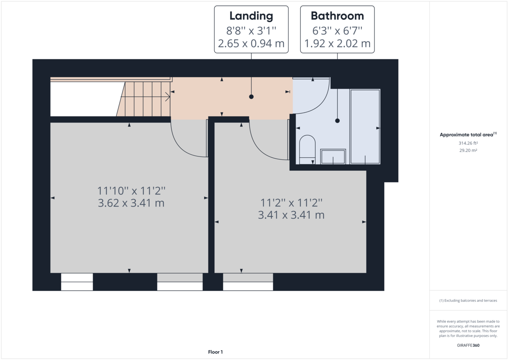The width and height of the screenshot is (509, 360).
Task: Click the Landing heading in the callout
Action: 251,16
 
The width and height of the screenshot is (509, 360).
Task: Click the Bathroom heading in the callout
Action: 337,16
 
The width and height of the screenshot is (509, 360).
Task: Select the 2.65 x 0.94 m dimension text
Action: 251,43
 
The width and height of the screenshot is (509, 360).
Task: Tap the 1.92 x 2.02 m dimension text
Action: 337,43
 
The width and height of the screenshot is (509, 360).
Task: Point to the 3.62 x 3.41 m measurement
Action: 131,203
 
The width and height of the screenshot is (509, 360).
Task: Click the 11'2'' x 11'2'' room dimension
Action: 291,202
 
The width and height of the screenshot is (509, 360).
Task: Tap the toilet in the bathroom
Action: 307,148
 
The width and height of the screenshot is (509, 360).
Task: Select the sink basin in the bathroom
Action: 333,156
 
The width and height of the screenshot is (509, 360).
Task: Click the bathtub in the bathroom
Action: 365,126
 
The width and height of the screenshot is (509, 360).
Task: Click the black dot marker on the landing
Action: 251,97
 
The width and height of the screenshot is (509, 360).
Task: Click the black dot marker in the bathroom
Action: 337,120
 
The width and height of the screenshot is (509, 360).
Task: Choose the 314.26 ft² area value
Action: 468,143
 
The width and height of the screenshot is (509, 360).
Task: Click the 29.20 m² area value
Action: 468,151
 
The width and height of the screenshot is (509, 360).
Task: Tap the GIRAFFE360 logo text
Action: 468,345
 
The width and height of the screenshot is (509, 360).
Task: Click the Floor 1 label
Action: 215,352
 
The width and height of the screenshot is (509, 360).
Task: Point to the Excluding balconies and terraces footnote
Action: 468,301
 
